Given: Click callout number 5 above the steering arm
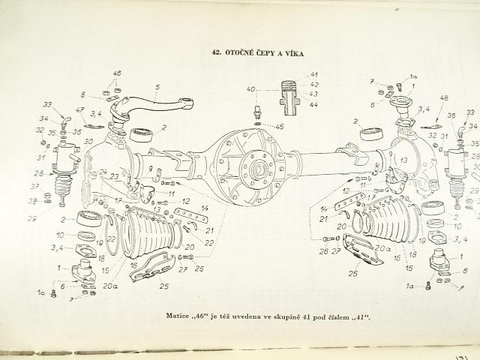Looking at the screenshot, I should [157, 87].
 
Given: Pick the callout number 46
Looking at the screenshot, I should [116, 73].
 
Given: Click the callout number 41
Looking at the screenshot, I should [313, 73].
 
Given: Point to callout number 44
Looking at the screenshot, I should [313, 106].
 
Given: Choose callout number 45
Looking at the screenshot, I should [279, 126].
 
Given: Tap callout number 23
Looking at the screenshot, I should [113, 176].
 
